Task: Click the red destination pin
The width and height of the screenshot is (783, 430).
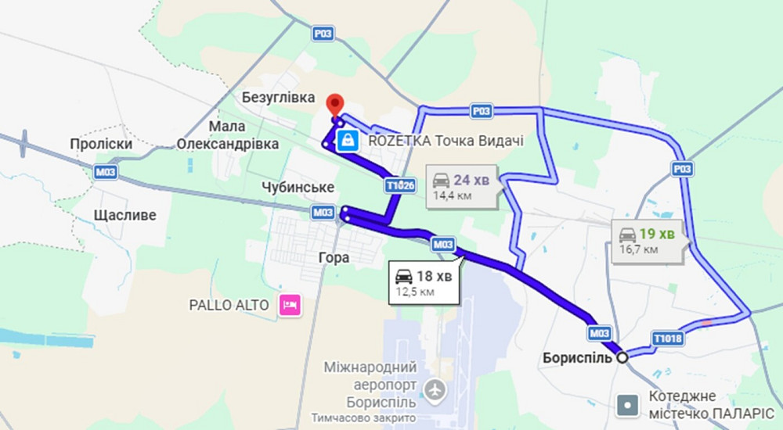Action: point(335,104)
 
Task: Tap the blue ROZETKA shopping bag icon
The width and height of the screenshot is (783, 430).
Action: point(347,141)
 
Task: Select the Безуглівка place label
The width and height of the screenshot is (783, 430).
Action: point(278,99)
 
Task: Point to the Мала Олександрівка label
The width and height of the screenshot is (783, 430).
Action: point(228,135)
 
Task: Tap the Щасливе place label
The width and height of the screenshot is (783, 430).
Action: point(124,215)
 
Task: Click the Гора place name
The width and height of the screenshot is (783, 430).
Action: point(334,257)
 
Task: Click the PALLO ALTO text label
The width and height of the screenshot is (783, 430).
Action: point(229,304)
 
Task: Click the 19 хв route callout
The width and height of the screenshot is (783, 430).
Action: point(648,240)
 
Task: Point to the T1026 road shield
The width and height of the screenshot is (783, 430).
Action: point(399,185)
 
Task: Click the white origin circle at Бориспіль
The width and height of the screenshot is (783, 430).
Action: point(622,357)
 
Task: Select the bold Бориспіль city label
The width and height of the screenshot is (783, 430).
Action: point(576,358)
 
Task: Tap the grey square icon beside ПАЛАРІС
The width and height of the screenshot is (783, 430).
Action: point(627,405)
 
